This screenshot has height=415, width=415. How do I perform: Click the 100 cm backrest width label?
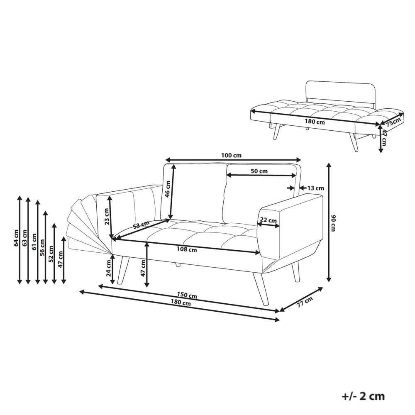coord(231,155)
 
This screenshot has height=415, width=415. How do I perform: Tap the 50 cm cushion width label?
coord(259,171)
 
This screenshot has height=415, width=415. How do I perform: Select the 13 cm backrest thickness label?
coord(315,188)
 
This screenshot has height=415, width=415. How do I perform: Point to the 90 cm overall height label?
coord(334,223)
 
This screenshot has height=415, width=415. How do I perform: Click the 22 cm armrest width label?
coord(269,220)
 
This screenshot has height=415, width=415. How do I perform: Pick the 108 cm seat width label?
coord(187,249)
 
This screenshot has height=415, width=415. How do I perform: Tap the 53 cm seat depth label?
coord(141,225)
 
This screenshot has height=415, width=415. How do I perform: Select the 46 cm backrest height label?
coord(168,189)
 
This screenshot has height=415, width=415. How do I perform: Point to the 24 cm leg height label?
coord(108,268)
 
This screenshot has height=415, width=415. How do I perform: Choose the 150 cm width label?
coord(187,295)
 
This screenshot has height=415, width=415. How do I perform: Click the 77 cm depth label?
coord(304,302)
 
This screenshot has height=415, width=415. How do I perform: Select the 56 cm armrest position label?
coord(42,247)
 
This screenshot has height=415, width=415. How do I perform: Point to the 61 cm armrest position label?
coord(34,242)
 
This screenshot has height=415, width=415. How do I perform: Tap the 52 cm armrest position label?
coord(51,254)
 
